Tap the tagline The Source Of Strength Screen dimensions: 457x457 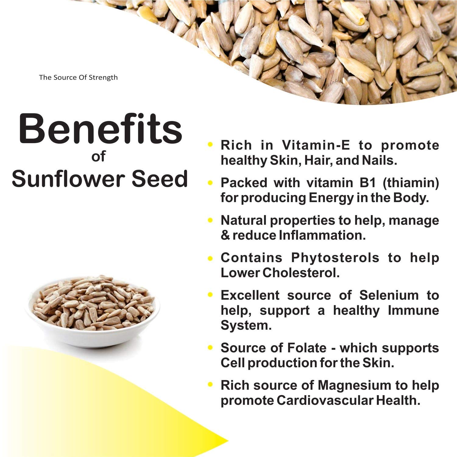click(78, 77)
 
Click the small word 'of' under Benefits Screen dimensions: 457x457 click(98, 156)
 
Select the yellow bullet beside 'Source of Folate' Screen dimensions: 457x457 click(210, 347)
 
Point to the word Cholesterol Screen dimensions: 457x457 click(301, 273)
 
